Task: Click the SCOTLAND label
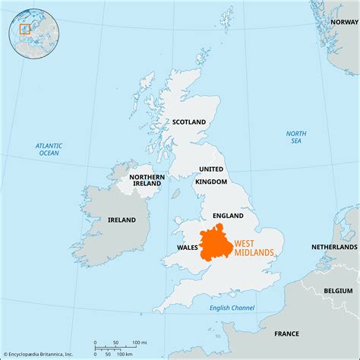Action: click(x=189, y=122)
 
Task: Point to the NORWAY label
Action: click(x=343, y=22)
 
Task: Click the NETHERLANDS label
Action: click(x=334, y=248)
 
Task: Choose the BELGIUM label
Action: click(x=339, y=290)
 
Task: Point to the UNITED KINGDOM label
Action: click(x=211, y=175)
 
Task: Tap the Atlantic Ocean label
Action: click(x=48, y=149)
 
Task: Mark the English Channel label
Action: click(x=232, y=308)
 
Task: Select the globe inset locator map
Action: click(x=27, y=27)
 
